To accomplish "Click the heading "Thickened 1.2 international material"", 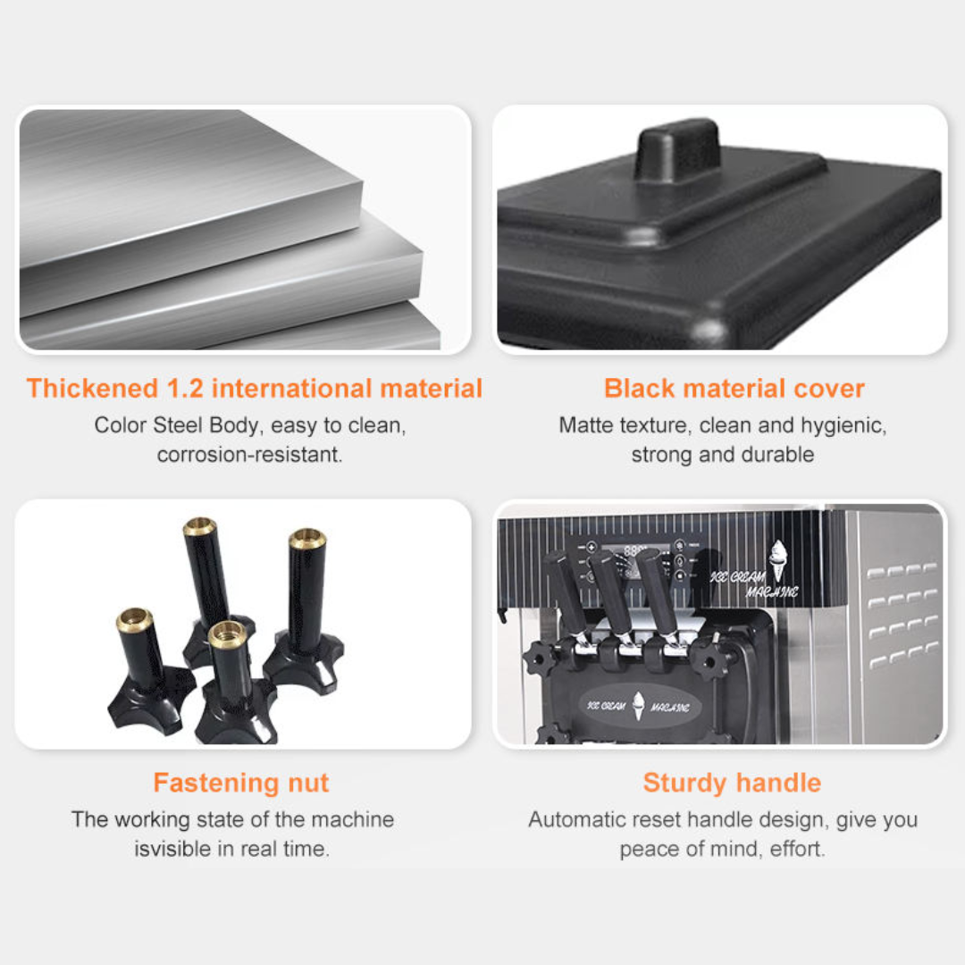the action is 254,389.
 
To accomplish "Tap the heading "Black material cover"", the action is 734,389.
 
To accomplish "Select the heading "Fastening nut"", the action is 241,783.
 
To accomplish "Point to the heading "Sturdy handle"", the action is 732,783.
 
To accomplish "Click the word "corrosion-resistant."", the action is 249,455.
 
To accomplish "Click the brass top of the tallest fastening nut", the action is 198,526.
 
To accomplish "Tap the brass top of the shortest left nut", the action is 134,619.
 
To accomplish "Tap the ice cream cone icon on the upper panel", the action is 778,560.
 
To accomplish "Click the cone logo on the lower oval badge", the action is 638,706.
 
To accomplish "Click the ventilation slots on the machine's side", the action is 902,616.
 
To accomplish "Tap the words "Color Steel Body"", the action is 175,425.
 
